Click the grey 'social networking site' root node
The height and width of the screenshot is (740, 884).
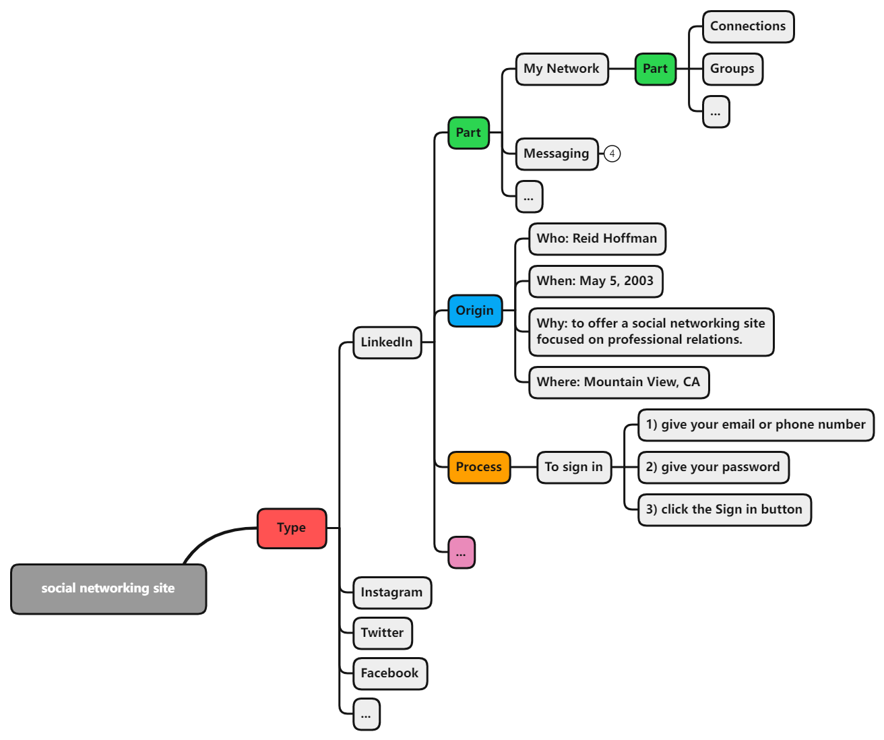pos(108,589)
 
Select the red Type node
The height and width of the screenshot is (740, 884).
pos(292,528)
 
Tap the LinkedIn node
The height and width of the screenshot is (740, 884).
pos(387,342)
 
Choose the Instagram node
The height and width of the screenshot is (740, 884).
pos(391,592)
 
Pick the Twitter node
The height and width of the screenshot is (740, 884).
pos(382,633)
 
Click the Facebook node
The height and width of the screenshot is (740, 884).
pos(389,673)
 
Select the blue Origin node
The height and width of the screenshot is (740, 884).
pos(475,311)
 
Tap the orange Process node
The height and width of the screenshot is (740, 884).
pos(479,467)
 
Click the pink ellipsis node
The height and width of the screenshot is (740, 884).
pos(462,553)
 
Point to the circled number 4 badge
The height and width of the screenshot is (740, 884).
pos(612,154)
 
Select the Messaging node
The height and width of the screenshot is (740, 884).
pos(557,154)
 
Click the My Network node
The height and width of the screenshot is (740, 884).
pos(561,69)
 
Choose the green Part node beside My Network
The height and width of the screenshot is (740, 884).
pos(655,69)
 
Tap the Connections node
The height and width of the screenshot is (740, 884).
pos(748,26)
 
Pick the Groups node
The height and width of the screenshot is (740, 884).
pos(732,69)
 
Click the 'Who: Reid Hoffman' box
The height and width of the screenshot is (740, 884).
pos(597,239)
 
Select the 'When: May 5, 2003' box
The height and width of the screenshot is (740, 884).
pos(595,281)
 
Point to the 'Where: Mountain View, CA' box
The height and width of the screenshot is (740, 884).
pos(619,382)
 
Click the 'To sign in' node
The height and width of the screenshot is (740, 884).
pos(574,467)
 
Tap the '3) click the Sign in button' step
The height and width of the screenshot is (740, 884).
pos(724,510)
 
